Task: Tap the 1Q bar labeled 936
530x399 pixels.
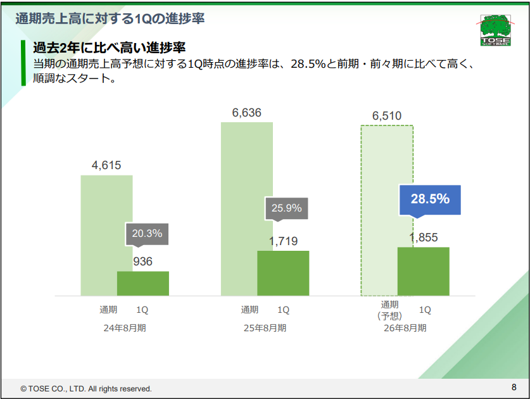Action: tap(143, 283)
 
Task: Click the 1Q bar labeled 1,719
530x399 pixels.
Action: tap(283, 273)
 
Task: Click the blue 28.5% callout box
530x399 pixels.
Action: tap(430, 199)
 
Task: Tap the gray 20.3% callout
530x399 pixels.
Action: tap(147, 233)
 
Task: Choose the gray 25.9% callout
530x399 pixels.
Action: tap(286, 208)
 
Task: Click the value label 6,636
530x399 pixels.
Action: tap(246, 113)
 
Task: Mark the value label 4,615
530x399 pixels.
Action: tap(106, 166)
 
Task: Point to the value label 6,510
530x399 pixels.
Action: tap(387, 117)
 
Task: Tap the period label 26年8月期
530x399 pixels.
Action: tap(405, 328)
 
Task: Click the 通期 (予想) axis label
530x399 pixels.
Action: tap(389, 310)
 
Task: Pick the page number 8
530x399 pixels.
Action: tap(514, 387)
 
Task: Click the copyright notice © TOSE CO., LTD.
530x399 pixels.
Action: tap(86, 388)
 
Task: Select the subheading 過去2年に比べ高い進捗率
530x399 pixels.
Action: tap(108, 48)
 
